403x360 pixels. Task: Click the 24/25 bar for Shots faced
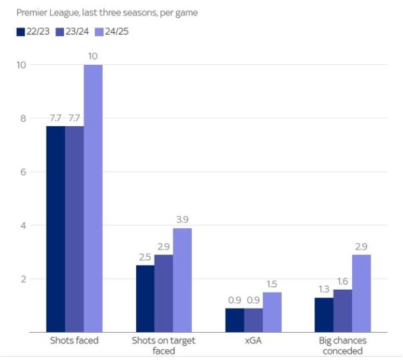click(x=93, y=198)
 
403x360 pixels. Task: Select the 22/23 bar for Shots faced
click(x=55, y=229)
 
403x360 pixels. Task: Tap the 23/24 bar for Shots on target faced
click(x=163, y=293)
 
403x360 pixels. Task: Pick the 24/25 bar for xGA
click(x=272, y=312)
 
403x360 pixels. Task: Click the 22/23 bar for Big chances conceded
click(x=324, y=315)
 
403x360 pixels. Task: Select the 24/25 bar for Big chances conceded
click(x=362, y=293)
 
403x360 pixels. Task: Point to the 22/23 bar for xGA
click(x=235, y=320)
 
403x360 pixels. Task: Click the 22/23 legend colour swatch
click(x=21, y=31)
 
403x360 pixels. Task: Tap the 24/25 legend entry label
click(x=115, y=31)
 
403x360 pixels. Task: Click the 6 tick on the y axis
click(x=23, y=172)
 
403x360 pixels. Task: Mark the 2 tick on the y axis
click(x=23, y=279)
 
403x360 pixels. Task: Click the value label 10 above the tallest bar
click(x=93, y=56)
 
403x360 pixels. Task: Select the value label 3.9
click(x=182, y=219)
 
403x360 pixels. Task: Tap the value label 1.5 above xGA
click(x=272, y=283)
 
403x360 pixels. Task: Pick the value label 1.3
click(x=324, y=289)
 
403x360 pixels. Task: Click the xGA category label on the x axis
click(x=254, y=341)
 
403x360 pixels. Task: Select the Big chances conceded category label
click(x=344, y=345)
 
